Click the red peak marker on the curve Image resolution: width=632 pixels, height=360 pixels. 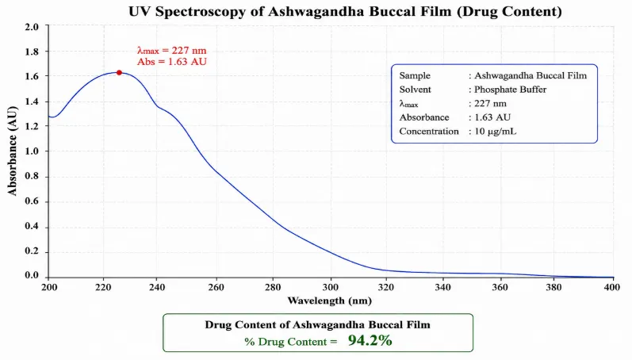click(x=119, y=73)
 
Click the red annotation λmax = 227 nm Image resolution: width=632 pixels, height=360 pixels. click(x=172, y=51)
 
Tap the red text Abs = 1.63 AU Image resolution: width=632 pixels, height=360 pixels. click(x=172, y=62)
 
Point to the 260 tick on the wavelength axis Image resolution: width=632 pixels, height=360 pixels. click(x=216, y=287)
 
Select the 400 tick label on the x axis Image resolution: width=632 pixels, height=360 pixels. click(x=612, y=287)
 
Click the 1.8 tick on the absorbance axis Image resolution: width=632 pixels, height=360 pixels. click(x=32, y=52)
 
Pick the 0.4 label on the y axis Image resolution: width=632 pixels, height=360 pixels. click(x=32, y=226)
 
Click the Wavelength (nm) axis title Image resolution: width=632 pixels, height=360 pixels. click(x=329, y=301)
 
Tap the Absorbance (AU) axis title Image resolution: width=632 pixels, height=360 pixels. click(x=13, y=151)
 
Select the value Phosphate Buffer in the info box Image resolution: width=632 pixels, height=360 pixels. click(x=510, y=90)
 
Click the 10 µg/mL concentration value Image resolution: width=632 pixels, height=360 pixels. click(x=496, y=132)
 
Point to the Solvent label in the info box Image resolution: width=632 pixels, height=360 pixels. click(x=416, y=90)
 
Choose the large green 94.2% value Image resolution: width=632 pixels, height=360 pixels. click(x=370, y=340)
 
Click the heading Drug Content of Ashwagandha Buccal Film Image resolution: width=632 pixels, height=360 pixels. click(x=318, y=324)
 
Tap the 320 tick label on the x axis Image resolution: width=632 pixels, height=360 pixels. click(x=386, y=287)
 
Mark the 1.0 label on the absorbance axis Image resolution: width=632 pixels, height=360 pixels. click(x=32, y=151)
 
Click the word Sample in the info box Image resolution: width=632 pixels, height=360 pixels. click(x=415, y=76)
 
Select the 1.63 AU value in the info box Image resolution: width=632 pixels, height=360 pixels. click(x=492, y=117)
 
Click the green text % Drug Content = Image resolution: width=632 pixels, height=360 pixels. click(x=290, y=342)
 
